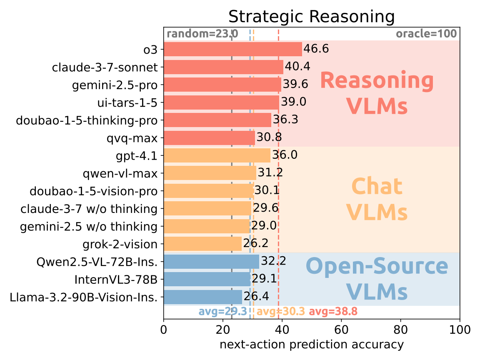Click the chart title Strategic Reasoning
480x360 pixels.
point(311,17)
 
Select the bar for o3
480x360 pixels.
point(232,49)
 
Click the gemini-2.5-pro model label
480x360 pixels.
point(115,85)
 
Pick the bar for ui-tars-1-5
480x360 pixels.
point(221,102)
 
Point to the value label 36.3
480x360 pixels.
point(286,120)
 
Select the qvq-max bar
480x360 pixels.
point(209,138)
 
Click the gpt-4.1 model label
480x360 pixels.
point(137,155)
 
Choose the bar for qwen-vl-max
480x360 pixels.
point(210,173)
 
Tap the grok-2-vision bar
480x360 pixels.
point(202,244)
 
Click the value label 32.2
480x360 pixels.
point(273,262)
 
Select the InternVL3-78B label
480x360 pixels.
point(116,279)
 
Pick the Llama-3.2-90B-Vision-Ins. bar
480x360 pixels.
point(203,297)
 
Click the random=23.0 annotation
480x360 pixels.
point(202,34)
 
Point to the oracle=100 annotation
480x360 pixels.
point(426,34)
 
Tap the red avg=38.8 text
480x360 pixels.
point(333,312)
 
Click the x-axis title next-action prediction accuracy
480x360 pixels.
point(311,345)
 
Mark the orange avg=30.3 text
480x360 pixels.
point(280,312)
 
